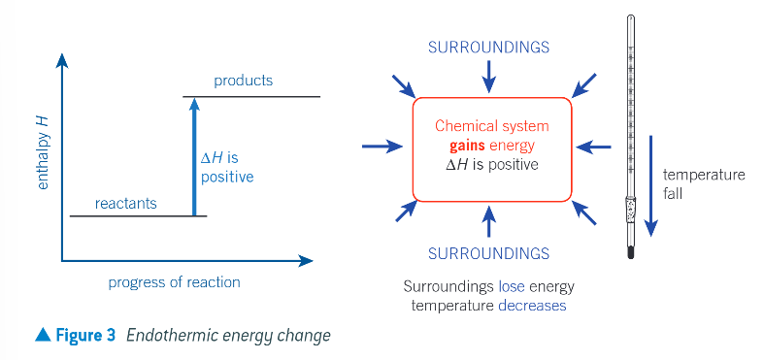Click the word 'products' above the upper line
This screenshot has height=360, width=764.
[243, 80]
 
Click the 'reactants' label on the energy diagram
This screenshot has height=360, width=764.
[126, 204]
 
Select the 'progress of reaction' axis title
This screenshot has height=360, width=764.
[175, 282]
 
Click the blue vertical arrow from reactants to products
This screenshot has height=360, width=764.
[194, 155]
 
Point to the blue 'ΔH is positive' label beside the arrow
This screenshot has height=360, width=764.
[226, 168]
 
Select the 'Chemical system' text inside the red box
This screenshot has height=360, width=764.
[491, 126]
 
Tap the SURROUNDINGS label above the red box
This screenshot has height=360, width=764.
[488, 47]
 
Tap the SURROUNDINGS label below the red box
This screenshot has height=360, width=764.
[488, 253]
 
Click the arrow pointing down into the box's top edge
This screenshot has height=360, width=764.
[489, 74]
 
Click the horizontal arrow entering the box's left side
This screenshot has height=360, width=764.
[382, 147]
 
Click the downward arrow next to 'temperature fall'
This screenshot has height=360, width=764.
[652, 199]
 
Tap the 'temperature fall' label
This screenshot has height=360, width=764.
[703, 184]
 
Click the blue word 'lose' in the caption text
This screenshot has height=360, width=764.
[513, 287]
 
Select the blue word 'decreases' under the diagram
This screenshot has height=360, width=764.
[533, 305]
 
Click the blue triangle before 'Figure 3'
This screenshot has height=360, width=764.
[42, 335]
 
